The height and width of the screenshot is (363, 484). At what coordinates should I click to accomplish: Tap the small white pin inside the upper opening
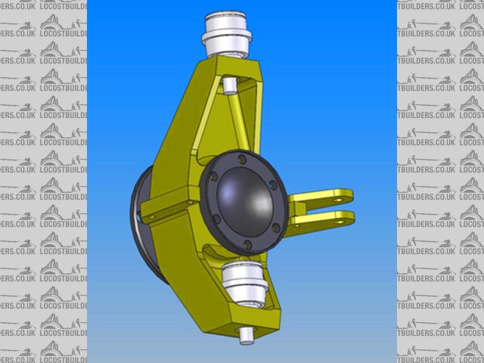click(x=229, y=84)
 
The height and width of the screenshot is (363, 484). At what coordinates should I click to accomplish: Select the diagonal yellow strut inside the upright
click(x=239, y=126)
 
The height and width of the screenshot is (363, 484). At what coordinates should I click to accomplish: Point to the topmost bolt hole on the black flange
click(x=241, y=158)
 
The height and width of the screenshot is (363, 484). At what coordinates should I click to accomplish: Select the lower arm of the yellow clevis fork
click(x=325, y=220)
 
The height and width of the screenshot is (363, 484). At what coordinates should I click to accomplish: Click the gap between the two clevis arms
click(x=318, y=209)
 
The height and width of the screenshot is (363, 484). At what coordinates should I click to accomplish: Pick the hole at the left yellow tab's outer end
click(x=149, y=216)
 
